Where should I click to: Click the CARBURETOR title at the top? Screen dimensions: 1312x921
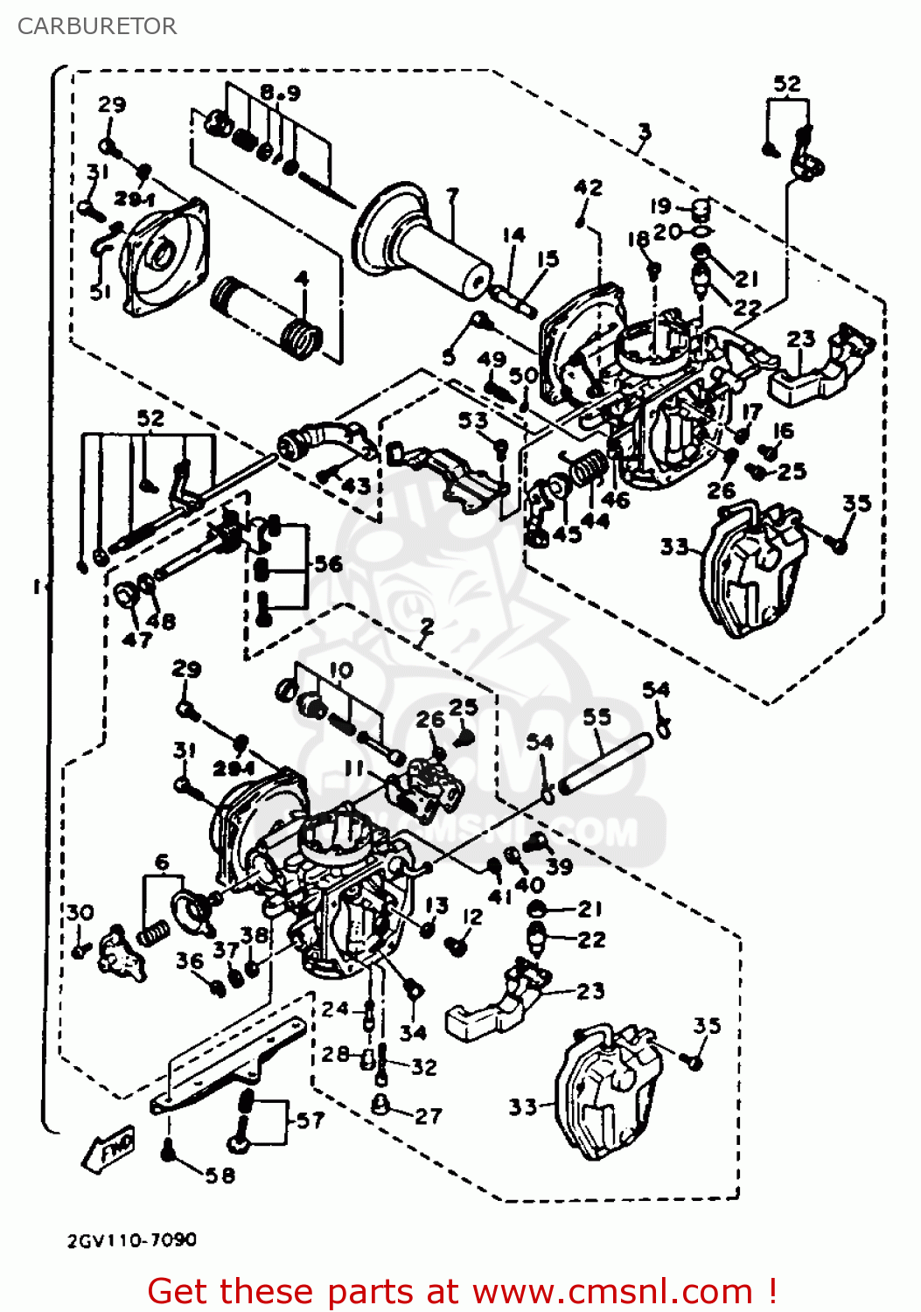(97, 26)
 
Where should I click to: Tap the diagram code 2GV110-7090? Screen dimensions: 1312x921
(132, 1239)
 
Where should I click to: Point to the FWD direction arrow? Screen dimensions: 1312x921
(109, 1148)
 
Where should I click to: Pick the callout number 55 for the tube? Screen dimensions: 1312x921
(597, 716)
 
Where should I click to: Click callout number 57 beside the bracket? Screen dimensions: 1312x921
(310, 1120)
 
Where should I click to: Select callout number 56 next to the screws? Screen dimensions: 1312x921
(328, 563)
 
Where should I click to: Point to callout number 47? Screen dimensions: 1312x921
(136, 639)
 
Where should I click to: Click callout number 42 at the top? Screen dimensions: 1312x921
(588, 187)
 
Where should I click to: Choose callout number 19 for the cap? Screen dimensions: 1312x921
(660, 206)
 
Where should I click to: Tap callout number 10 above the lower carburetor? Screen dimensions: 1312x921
(341, 670)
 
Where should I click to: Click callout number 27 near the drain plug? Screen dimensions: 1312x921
(429, 1115)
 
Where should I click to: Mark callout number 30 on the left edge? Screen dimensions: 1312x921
(80, 912)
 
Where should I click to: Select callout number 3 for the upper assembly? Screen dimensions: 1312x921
(644, 132)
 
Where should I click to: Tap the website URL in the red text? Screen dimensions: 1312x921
(612, 1291)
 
